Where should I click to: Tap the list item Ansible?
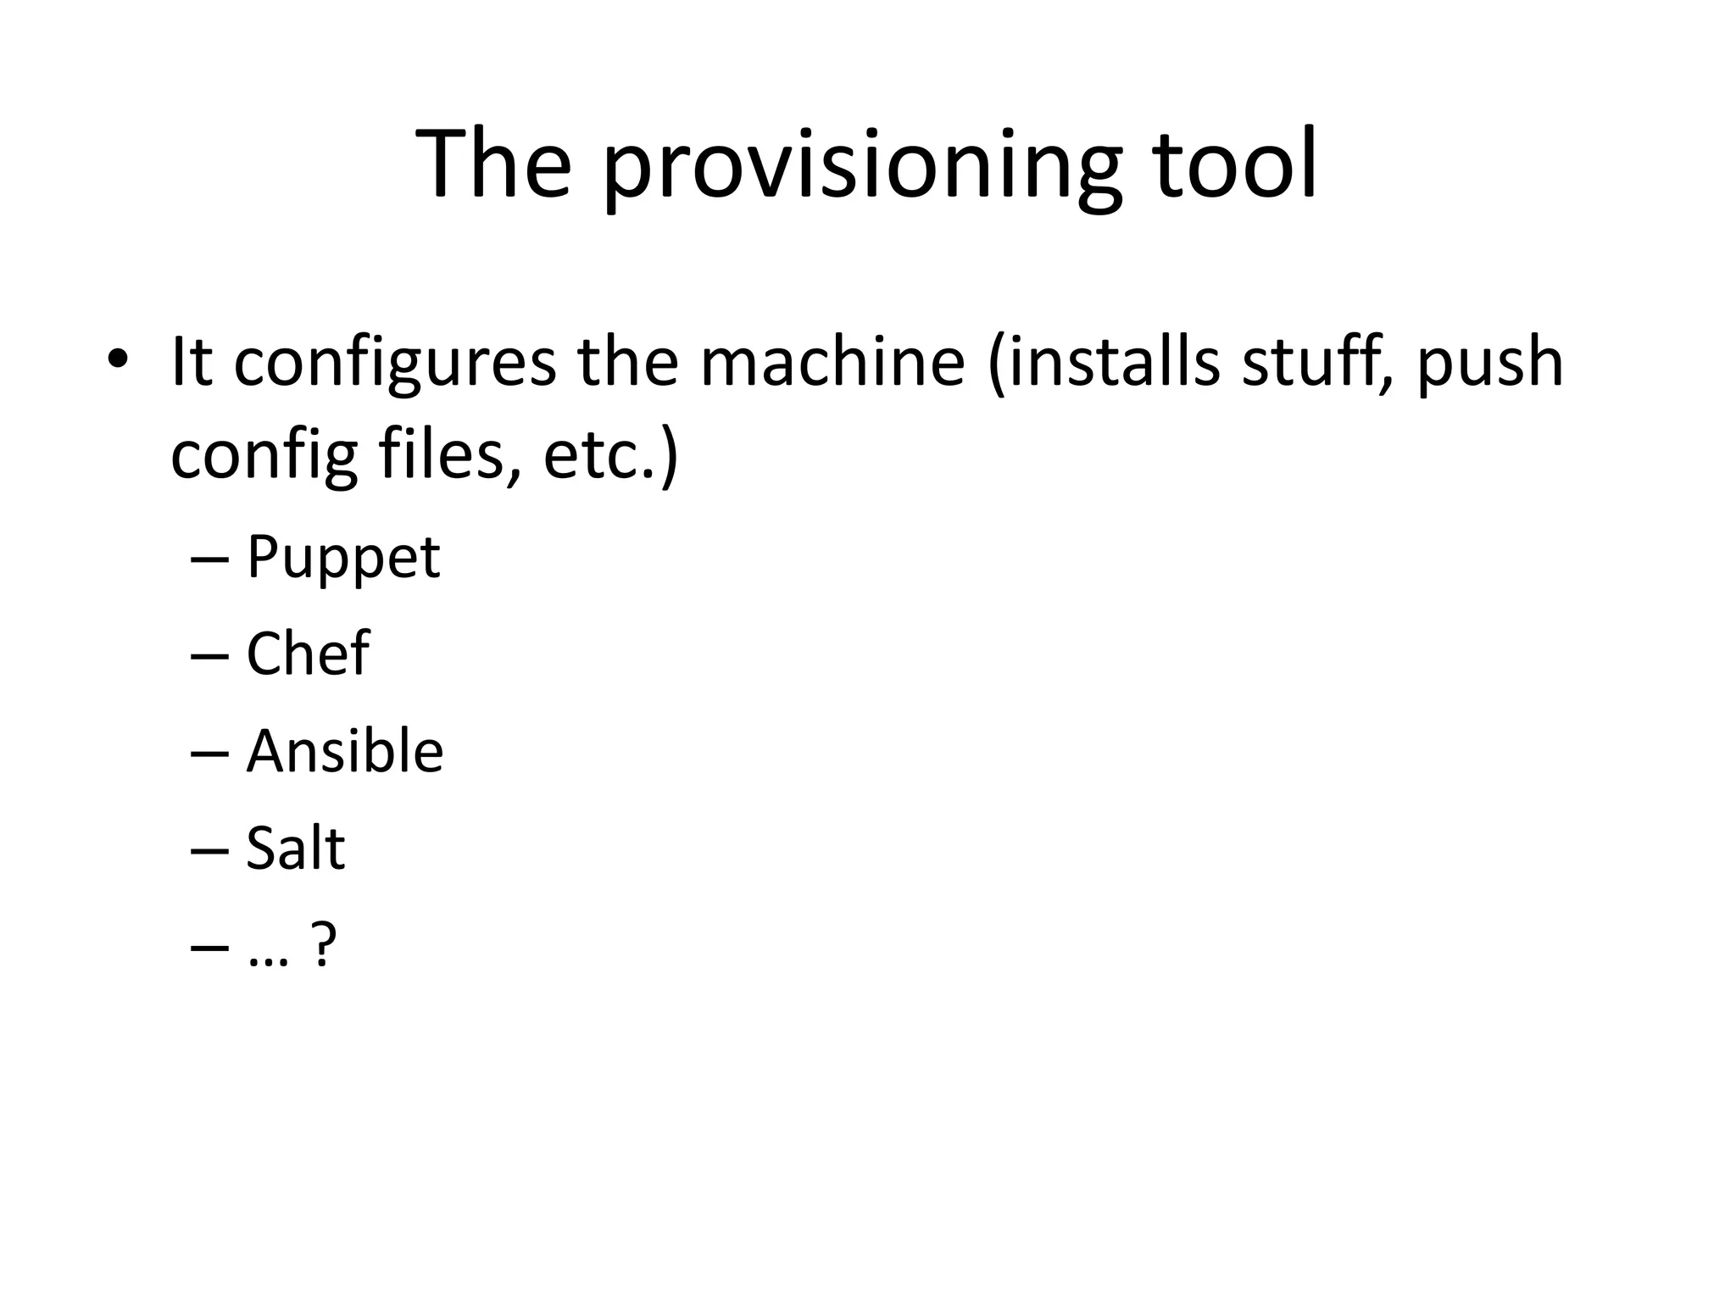pyautogui.click(x=345, y=751)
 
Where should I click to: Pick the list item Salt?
pyautogui.click(x=296, y=848)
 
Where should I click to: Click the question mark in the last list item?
pyautogui.click(x=325, y=944)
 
